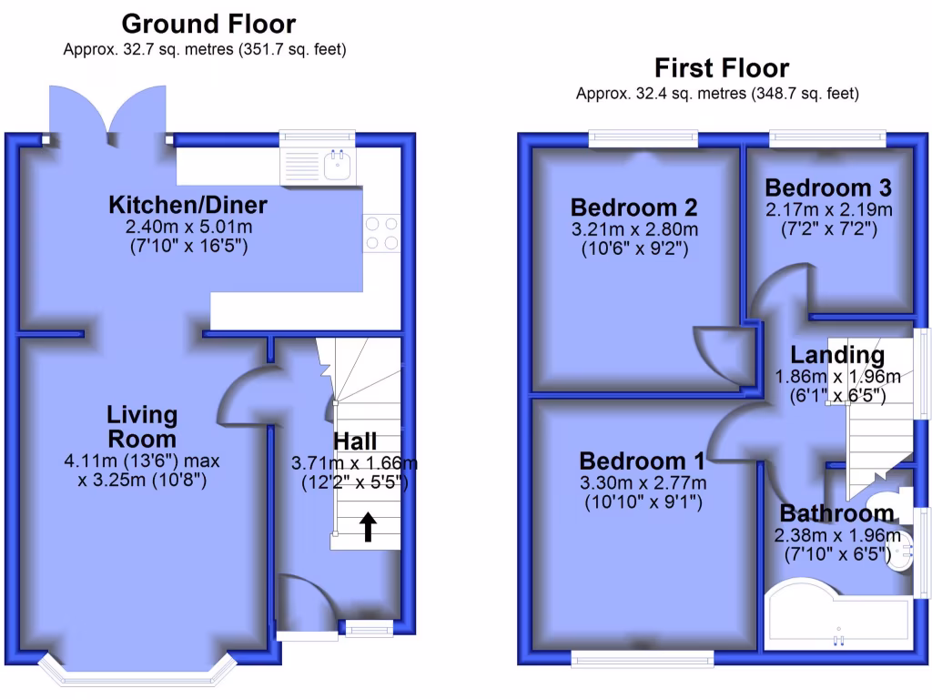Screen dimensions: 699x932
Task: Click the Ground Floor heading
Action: [208, 24]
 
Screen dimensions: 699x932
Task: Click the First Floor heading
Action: [721, 68]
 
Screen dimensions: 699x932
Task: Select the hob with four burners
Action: [381, 232]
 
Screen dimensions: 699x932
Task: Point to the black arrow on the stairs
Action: [369, 527]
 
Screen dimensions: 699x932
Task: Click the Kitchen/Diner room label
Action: [187, 203]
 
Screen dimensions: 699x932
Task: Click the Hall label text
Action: [355, 442]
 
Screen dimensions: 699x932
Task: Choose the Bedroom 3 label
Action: [827, 188]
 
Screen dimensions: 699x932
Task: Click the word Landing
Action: [836, 355]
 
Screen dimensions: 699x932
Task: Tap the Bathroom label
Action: [836, 512]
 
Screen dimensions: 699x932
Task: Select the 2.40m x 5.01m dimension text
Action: [187, 226]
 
